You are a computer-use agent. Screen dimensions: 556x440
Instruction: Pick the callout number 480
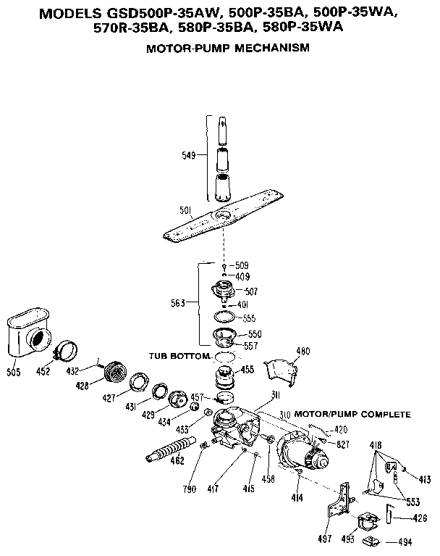(302, 352)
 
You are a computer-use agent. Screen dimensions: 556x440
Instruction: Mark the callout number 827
(342, 442)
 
